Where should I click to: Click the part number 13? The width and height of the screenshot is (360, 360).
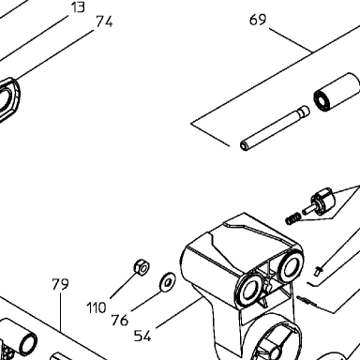click(78, 7)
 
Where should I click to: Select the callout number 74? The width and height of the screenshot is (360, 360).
click(104, 22)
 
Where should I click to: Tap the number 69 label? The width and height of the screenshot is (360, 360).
click(258, 20)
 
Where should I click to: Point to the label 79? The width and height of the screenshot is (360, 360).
click(60, 284)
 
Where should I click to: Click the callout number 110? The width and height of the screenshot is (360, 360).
click(97, 308)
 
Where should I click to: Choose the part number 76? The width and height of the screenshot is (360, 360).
click(120, 321)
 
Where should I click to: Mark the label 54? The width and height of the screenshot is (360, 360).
click(142, 336)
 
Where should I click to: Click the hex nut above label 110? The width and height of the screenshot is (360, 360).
click(142, 266)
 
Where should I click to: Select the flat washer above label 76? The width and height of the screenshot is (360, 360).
click(168, 281)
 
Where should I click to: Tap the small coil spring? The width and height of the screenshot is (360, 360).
click(293, 218)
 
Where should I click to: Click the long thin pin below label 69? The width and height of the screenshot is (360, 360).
click(275, 128)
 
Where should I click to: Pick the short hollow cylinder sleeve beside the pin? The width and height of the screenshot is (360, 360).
click(337, 92)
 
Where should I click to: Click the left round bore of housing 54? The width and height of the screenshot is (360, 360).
click(248, 290)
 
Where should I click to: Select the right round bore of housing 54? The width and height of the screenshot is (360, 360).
click(290, 265)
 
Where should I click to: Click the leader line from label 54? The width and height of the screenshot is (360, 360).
click(179, 313)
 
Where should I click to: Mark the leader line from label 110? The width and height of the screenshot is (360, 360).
click(124, 285)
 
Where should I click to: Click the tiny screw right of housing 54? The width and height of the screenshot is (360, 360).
click(318, 271)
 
